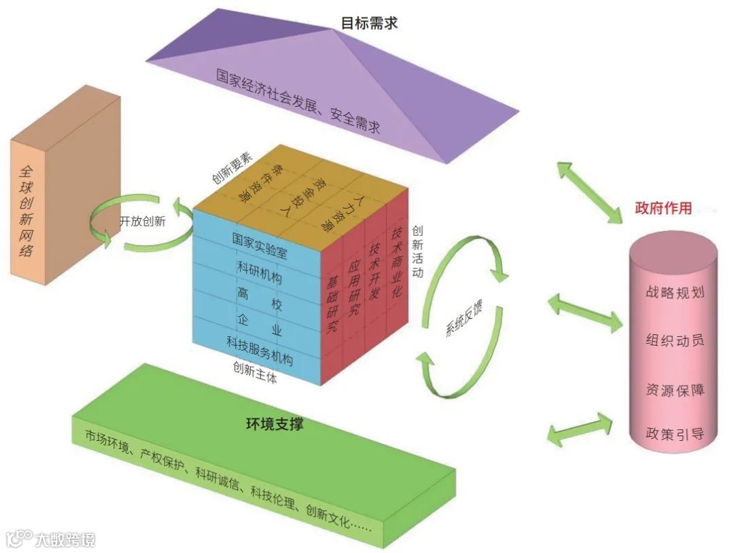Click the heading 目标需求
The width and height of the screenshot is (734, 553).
tap(369, 22)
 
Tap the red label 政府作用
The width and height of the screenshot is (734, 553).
tap(663, 208)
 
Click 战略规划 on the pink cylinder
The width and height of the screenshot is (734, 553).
tap(674, 293)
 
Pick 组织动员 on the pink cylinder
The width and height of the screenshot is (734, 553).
tap(674, 340)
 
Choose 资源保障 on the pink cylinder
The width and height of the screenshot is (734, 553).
tap(674, 390)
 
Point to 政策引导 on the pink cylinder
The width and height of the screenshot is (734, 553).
tap(674, 433)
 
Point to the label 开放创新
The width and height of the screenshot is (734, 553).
tap(142, 221)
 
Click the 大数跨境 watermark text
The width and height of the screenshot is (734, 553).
tap(65, 539)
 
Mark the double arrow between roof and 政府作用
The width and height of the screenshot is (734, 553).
tap(589, 192)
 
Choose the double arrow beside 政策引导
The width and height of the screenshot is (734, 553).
tap(579, 429)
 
